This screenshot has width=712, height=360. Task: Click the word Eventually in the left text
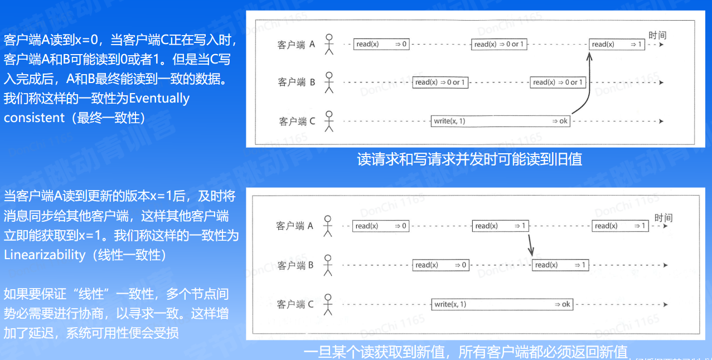coord(159,99)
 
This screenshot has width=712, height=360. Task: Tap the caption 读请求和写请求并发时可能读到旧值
coord(469,159)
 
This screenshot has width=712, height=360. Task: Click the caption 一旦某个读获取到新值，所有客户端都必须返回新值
coord(466,352)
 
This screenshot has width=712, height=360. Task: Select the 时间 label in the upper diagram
coord(657,35)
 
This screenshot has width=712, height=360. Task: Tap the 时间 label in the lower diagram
coord(663,218)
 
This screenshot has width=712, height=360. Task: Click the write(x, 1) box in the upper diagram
coord(501,121)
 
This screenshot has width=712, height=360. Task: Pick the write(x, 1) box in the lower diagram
coord(503,304)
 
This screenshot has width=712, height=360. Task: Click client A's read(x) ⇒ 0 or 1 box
coord(499,44)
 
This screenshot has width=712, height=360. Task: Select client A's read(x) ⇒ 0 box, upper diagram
coord(382,44)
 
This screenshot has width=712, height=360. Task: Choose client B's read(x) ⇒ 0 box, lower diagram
coord(440,265)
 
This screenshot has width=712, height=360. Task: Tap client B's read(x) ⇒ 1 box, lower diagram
coord(560,265)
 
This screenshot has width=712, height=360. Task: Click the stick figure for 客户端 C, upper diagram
coord(329,121)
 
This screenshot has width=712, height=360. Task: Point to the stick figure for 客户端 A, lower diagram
coord(328,225)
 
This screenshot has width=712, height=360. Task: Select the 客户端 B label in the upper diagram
coord(297,82)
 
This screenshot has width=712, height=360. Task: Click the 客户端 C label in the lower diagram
coord(295,304)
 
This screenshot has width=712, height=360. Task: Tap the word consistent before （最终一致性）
coord(35,118)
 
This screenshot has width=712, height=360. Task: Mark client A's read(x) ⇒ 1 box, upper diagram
coord(617,44)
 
